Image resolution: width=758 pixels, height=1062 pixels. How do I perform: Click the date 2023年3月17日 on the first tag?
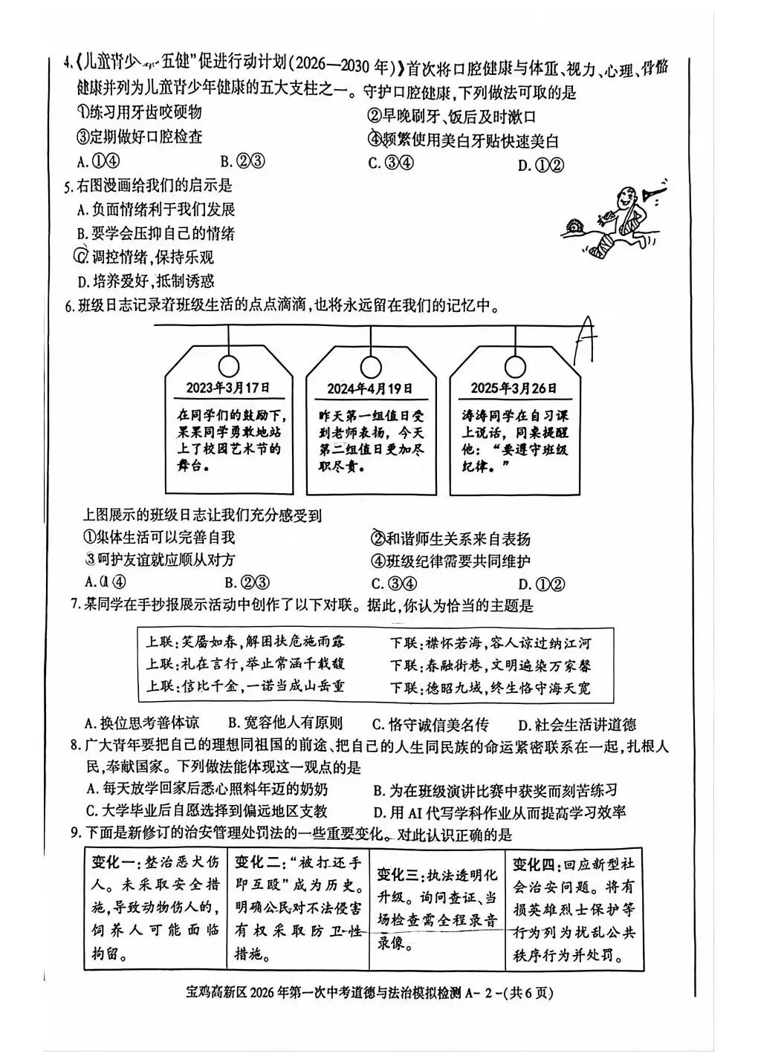228,388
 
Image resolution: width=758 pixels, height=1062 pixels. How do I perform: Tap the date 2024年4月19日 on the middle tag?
369,388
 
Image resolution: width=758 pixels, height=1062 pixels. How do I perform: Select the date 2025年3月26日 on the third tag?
514,388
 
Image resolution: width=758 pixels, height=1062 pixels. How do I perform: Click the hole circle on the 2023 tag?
229,364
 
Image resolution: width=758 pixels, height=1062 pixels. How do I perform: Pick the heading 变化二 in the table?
257,862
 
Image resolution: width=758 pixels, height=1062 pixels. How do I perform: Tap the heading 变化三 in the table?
401,875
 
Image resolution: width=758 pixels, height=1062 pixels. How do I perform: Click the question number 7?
74,606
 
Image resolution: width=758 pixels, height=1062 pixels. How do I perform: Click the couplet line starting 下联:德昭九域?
490,688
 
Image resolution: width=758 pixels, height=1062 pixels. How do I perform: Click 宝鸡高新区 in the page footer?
216,992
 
